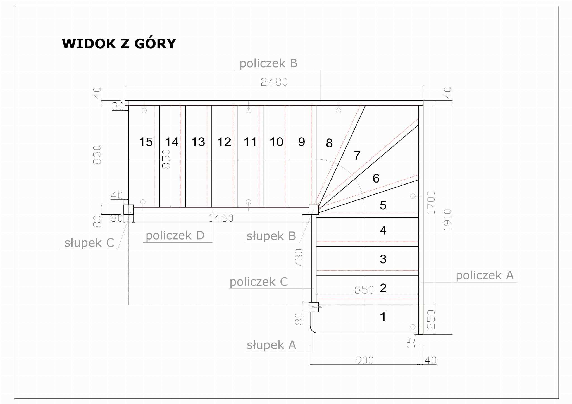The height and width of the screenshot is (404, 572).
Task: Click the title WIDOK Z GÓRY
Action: [x=119, y=44]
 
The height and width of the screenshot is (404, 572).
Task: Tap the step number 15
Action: [x=146, y=142]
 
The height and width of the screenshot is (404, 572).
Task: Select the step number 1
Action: [x=383, y=317]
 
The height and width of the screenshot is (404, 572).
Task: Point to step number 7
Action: [x=357, y=156]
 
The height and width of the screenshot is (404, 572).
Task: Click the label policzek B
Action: [x=268, y=63]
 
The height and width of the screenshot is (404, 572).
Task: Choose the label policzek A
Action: [x=485, y=275]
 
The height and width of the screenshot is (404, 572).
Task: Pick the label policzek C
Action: [x=259, y=282]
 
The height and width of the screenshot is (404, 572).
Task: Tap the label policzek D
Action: [x=175, y=235]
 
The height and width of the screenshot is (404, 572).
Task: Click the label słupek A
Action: [x=271, y=345]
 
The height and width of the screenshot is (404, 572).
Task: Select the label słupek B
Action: [x=271, y=236]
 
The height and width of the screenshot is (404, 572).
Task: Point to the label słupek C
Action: [x=89, y=243]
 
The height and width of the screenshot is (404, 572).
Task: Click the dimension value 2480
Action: [x=274, y=82]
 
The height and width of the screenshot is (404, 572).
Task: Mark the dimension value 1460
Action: [x=221, y=218]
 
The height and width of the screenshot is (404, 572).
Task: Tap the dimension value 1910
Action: [x=448, y=220]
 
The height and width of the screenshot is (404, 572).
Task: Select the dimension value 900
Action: [x=364, y=360]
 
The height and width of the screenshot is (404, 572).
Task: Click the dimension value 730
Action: [x=299, y=258]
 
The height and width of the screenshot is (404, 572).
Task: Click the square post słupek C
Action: [x=128, y=209]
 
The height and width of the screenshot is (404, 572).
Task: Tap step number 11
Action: [x=250, y=142]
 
